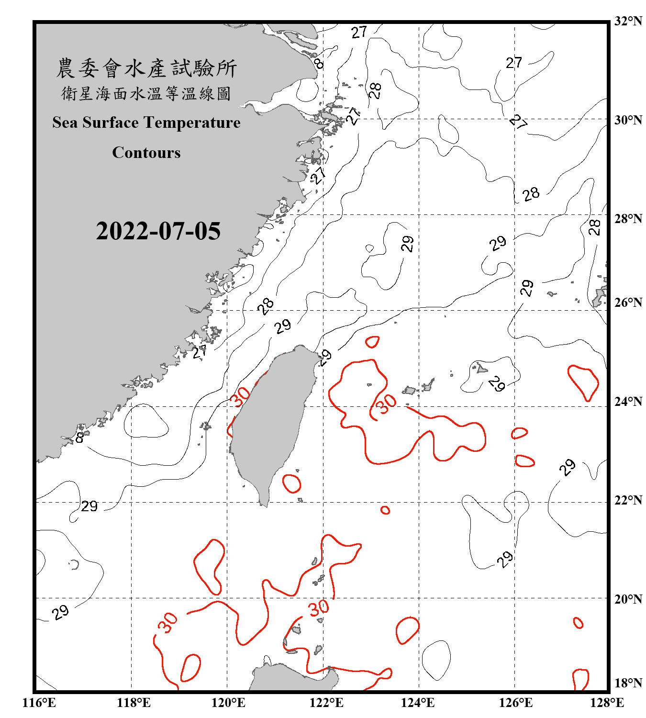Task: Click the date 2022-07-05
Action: coord(158,231)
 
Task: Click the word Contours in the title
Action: coord(146,153)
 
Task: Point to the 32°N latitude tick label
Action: coord(628,21)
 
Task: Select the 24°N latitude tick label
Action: coord(628,401)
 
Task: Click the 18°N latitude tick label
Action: coord(628,683)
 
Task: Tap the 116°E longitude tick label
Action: coord(39,703)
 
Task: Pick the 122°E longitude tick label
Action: coord(326,703)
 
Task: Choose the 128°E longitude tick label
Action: coord(607,703)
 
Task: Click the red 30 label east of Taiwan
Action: coord(386,403)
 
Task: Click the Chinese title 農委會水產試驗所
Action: coord(146,68)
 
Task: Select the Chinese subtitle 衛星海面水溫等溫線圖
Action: coord(146,94)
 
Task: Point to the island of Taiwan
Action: coord(270,421)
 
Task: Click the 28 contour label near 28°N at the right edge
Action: coord(594,227)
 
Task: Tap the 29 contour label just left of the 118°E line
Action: coord(89,506)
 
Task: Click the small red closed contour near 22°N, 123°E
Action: coord(385,510)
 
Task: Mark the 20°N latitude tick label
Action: coord(628,599)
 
